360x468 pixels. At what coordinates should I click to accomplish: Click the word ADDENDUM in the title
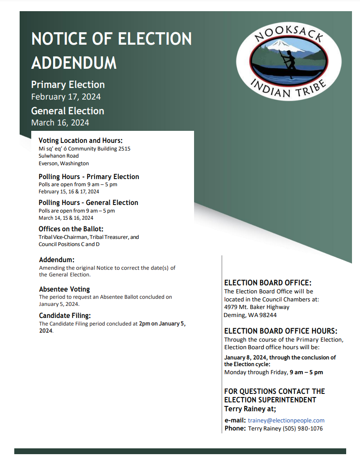tap(74, 63)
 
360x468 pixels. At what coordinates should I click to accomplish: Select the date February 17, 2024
tap(66, 96)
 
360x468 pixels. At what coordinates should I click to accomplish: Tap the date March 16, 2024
tap(60, 122)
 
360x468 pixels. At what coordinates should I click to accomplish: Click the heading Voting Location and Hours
tap(80, 140)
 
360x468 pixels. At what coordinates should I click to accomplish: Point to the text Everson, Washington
tap(63, 163)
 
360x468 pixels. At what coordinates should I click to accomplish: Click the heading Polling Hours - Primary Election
tap(89, 176)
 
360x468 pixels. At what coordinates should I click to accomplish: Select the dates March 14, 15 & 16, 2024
tap(66, 218)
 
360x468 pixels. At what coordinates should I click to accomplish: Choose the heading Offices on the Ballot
tap(71, 229)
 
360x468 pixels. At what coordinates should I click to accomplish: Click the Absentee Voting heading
tap(64, 289)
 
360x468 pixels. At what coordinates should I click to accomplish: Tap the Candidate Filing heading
tap(65, 316)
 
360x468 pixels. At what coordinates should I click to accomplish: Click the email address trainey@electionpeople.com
tap(286, 420)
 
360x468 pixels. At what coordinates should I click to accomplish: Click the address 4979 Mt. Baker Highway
tap(257, 307)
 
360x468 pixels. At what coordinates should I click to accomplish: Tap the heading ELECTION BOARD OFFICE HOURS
tap(281, 331)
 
